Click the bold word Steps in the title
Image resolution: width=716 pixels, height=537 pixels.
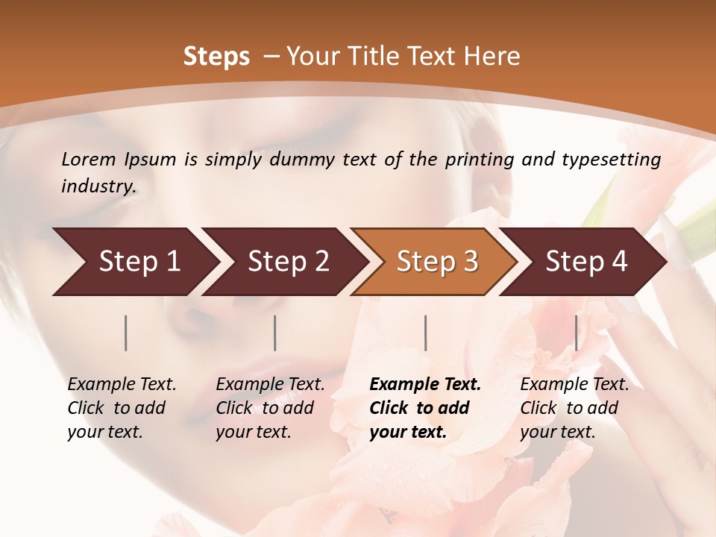click(216, 57)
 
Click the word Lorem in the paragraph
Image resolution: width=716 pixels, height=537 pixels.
click(88, 160)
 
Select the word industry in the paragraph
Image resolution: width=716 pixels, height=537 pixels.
click(98, 186)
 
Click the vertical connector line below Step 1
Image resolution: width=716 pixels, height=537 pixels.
click(126, 333)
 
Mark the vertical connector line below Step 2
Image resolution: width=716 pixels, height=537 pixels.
click(275, 333)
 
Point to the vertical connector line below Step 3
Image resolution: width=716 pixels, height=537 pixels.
click(425, 333)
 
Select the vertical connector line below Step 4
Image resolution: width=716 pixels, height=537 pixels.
click(576, 333)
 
